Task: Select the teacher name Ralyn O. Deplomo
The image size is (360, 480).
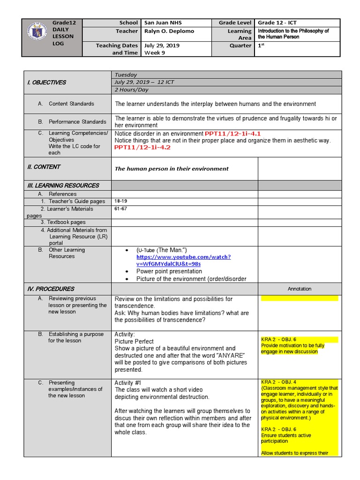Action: click(x=168, y=31)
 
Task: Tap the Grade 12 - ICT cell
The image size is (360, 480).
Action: click(x=277, y=23)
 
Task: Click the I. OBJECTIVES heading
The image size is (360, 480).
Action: click(x=46, y=82)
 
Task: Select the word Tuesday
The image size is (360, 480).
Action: click(x=126, y=75)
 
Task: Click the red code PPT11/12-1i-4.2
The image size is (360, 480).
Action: click(x=142, y=147)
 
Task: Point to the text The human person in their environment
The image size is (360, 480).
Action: click(x=172, y=169)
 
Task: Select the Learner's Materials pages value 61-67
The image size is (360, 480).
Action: click(x=120, y=209)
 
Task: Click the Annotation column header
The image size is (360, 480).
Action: click(x=300, y=289)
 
